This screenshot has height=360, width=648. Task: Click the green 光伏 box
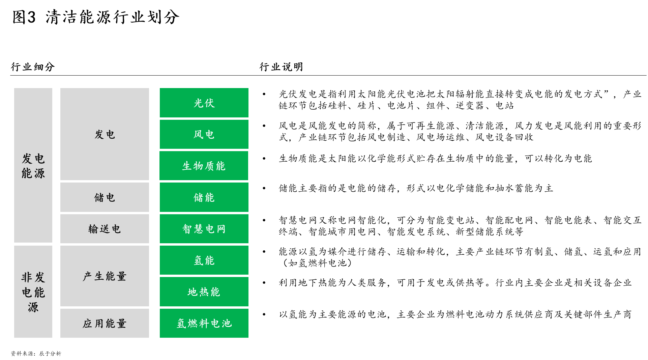(x=204, y=103)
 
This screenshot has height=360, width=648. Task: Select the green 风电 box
(x=204, y=134)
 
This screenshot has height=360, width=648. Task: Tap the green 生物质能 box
(x=204, y=166)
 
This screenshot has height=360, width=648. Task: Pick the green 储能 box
(x=204, y=197)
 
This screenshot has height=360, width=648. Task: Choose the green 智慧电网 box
(x=204, y=229)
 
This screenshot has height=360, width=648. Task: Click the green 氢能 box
(x=204, y=260)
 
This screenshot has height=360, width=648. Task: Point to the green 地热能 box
(x=204, y=292)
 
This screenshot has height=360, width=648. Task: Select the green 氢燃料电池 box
(x=204, y=323)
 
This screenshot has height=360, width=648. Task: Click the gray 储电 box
(x=105, y=197)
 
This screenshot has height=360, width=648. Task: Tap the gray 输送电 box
(x=105, y=229)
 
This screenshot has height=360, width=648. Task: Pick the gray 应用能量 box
(x=105, y=323)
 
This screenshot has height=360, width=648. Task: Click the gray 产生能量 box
(x=105, y=276)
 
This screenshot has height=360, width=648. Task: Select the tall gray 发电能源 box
(x=33, y=165)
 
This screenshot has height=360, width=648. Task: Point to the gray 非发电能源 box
(x=33, y=292)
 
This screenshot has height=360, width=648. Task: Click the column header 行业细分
(x=33, y=67)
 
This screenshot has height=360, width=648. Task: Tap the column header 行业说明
(x=281, y=67)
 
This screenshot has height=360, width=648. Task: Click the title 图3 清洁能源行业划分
(x=96, y=17)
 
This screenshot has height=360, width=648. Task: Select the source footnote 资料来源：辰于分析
(x=36, y=354)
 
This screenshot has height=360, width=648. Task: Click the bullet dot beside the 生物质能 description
(x=264, y=159)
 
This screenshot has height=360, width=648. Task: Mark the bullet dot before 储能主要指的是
(x=264, y=188)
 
